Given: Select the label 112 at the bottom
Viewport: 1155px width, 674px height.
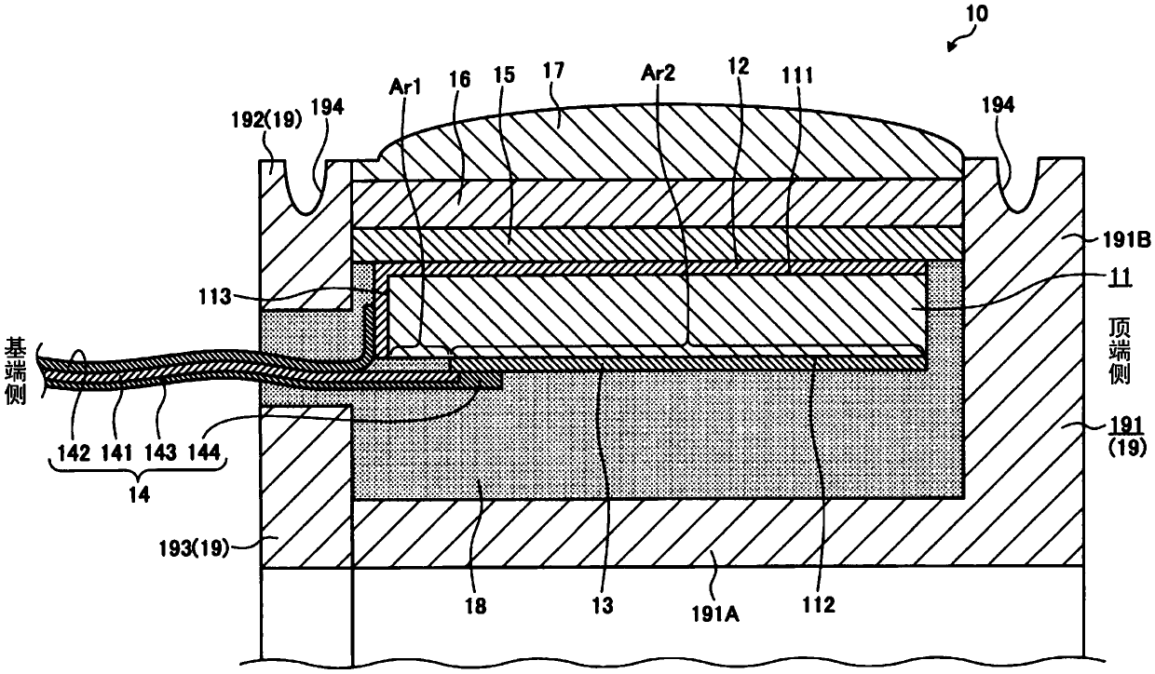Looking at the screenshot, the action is [x=822, y=605].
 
